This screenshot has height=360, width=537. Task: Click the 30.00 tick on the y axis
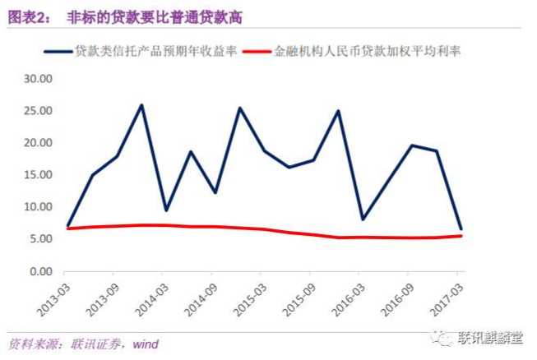37,79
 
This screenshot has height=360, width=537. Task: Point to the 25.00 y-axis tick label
37,111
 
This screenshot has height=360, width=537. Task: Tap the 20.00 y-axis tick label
37,143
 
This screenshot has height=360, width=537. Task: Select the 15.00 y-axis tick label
37,175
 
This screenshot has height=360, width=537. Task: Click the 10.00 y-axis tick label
37,207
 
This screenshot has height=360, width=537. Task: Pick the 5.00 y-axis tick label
39,239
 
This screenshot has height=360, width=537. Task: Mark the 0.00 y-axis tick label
39,271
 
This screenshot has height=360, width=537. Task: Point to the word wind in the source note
145,344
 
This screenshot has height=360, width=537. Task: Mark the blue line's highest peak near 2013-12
141,105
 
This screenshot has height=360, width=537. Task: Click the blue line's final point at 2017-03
461,228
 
